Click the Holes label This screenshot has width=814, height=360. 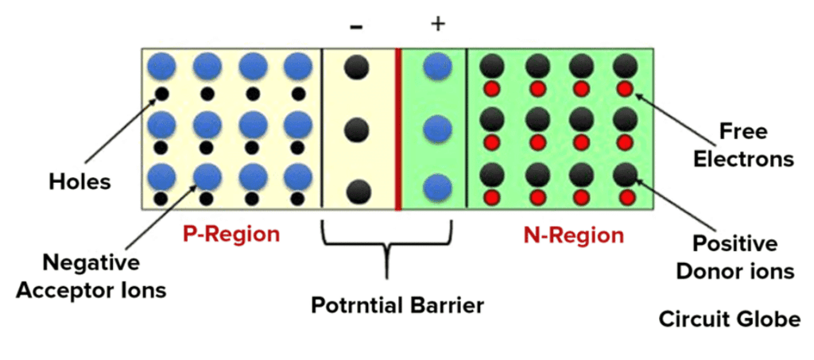pos(77,182)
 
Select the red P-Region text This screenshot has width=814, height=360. pos(231,234)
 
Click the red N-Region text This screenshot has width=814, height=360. pos(574,235)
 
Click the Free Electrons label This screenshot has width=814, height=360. pos(742,144)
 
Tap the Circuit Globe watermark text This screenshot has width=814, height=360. pos(729,319)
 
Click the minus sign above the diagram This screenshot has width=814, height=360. pos(356,27)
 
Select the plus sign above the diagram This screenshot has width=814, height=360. pos(437,24)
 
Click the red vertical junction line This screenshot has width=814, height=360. pos(397,127)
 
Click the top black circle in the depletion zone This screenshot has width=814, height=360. pos(357,68)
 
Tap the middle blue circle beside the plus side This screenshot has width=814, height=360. pos(437,129)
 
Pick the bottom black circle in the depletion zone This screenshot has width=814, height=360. pos(359,191)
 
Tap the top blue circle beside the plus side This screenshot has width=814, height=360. pos(437,67)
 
